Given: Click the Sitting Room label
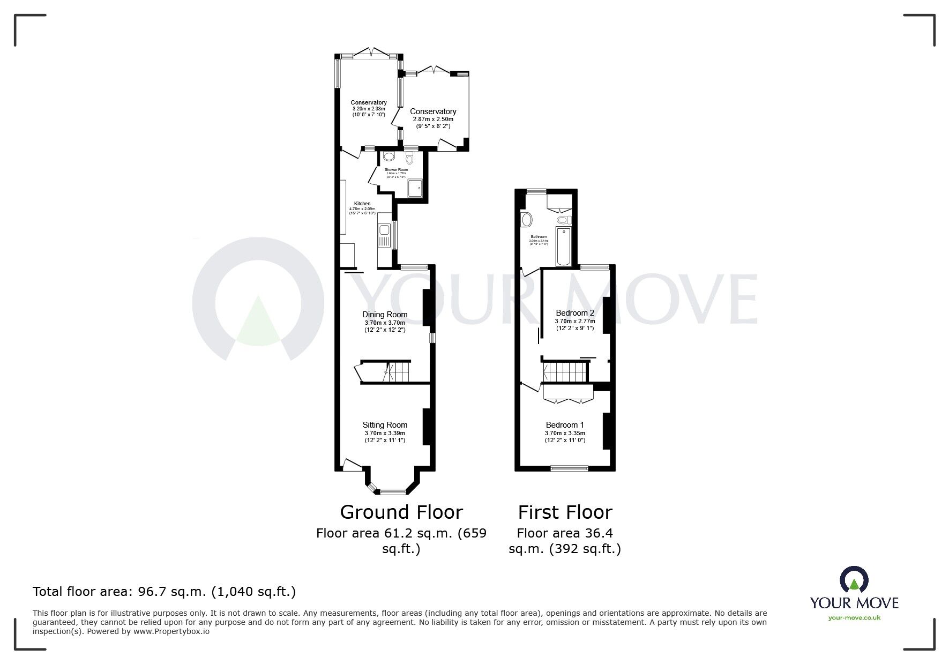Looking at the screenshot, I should click(x=385, y=425).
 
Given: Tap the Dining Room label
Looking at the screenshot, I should click(x=385, y=315).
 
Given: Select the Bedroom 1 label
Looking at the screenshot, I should click(x=565, y=425).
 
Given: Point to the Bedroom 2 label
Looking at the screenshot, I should click(x=575, y=313).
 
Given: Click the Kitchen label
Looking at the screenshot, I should click(x=362, y=204).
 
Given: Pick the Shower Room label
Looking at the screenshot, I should click(x=396, y=170).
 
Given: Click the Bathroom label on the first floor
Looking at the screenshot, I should click(x=539, y=237).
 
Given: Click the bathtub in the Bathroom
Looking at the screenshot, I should click(x=564, y=246).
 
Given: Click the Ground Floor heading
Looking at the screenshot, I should click(x=401, y=512).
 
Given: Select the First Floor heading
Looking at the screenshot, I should click(x=565, y=512).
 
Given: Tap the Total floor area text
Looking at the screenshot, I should click(x=164, y=592).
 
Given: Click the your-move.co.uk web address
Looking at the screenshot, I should click(x=854, y=617).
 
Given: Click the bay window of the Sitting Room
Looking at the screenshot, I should click(x=392, y=490).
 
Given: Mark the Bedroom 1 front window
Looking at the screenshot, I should click(x=569, y=469).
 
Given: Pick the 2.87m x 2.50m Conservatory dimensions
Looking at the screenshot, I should click(x=433, y=119).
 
